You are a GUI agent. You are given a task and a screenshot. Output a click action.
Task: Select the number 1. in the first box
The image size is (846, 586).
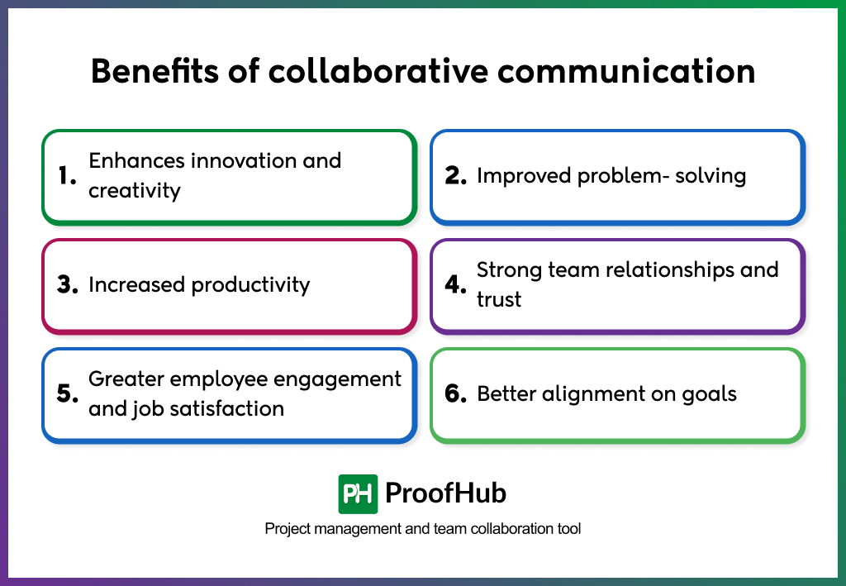tap(67, 175)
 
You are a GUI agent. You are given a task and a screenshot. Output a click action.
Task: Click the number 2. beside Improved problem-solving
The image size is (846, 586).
tap(456, 175)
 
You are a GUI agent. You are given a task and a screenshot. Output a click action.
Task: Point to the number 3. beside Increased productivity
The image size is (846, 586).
tap(67, 285)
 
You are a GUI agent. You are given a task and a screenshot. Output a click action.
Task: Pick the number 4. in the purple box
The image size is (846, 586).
tap(456, 285)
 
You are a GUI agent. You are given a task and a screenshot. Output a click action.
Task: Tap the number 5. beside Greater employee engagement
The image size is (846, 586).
tap(67, 394)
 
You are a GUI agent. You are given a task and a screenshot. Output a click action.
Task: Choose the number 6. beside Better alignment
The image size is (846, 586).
tap(456, 394)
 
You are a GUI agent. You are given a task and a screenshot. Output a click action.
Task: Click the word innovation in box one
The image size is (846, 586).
tap(243, 160)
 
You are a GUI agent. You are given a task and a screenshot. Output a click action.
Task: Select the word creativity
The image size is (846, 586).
tap(134, 190)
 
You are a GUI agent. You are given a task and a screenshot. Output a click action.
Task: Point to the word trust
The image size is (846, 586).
tap(499, 299)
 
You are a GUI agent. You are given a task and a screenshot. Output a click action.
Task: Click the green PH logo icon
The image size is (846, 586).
tap(358, 494)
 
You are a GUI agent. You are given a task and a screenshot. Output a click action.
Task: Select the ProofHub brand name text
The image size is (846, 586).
tap(445, 494)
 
